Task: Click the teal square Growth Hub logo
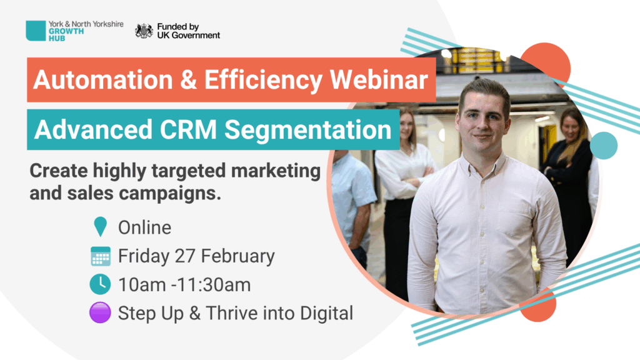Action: [x=36, y=31]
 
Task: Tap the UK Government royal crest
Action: [x=144, y=31]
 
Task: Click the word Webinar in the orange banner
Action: [x=379, y=79]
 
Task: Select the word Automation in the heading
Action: [x=103, y=79]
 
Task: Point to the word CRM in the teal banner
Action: [x=188, y=130]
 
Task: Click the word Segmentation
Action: [x=308, y=130]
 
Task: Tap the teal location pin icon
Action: [x=101, y=226]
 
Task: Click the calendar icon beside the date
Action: [x=101, y=256]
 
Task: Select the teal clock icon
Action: [x=100, y=284]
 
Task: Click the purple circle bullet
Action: [x=100, y=312]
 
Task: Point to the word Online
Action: [x=144, y=227]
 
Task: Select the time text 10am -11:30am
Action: [x=184, y=285]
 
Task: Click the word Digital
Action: [x=326, y=314]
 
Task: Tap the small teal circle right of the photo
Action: [x=604, y=145]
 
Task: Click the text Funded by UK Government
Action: [x=189, y=31]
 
